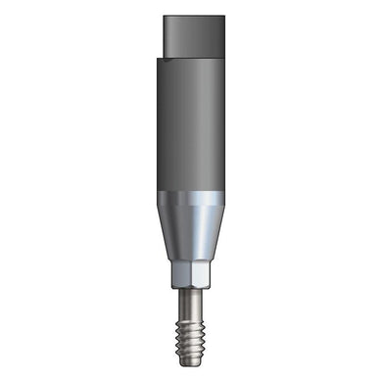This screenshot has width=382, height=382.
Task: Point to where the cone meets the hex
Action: point(192,262)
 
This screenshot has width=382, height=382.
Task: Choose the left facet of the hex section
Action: point(181,274)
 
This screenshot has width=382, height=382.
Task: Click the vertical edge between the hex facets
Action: point(192,274)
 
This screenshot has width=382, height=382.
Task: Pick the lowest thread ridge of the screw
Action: point(192,347)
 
